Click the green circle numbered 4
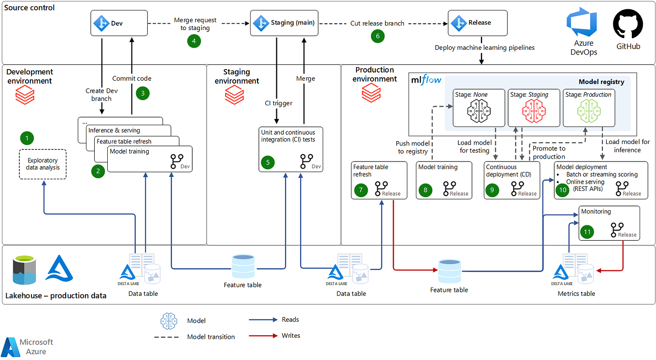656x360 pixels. coord(194,41)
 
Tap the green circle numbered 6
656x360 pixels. coord(377,36)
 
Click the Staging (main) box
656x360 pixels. coord(284,23)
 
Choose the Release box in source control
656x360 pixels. coord(477,23)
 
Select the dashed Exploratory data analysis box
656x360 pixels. coord(43,164)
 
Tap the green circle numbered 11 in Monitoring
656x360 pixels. coord(587,231)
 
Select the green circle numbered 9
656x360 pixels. coord(492,190)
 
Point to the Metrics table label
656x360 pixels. coord(576,294)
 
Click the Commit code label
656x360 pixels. coord(132,78)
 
